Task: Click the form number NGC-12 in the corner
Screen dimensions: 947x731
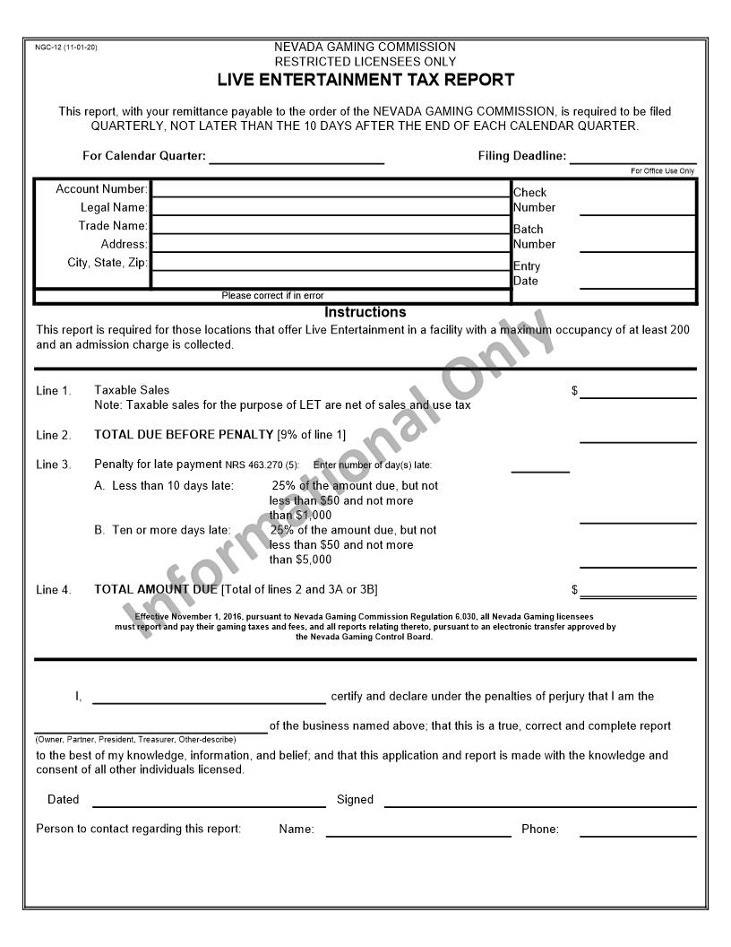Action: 65,47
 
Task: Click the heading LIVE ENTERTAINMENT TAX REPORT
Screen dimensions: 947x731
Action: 365,80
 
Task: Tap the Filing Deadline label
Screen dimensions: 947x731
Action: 521,156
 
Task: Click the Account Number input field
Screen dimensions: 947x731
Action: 331,189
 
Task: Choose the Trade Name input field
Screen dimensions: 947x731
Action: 331,226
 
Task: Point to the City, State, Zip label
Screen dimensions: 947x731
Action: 107,263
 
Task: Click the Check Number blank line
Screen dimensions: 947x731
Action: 637,208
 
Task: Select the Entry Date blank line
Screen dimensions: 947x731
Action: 637,281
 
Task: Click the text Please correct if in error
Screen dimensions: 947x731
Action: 272,296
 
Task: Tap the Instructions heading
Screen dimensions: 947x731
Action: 365,312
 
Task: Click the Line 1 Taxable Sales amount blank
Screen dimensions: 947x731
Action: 637,391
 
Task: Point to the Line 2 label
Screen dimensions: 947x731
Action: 53,436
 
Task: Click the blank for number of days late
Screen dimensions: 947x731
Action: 540,465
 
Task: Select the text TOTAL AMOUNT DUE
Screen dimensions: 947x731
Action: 156,589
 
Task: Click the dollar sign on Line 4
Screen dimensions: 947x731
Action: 575,590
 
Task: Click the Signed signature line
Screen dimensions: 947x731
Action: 539,800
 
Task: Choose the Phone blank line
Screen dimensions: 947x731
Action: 637,830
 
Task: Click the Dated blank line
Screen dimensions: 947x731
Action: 209,800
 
